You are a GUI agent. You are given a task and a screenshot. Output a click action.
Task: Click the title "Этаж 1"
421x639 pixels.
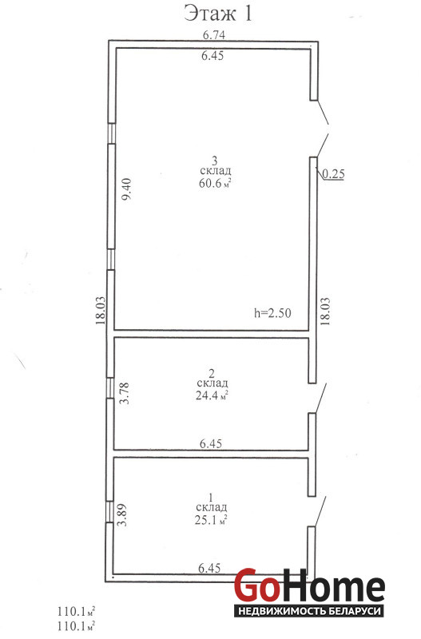click(x=217, y=13)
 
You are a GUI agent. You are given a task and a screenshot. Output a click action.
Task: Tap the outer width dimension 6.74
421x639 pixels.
click(x=214, y=35)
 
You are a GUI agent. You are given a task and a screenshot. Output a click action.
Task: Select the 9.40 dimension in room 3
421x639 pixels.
click(x=126, y=189)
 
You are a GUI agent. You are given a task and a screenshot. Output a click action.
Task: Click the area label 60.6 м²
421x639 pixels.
click(x=215, y=183)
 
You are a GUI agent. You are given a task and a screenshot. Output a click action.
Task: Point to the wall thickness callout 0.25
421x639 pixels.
click(x=333, y=174)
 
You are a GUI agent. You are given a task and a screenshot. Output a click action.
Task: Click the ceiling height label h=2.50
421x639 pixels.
click(x=272, y=313)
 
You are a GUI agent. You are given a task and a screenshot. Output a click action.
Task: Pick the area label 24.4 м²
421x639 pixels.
click(x=212, y=395)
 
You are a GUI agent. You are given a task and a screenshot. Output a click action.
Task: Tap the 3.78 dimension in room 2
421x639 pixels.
click(x=125, y=392)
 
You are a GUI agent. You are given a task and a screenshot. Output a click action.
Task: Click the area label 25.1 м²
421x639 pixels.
click(x=211, y=520)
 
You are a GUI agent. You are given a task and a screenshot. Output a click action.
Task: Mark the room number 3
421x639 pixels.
click(x=214, y=159)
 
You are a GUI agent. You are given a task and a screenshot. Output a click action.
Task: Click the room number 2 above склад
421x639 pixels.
click(x=212, y=373)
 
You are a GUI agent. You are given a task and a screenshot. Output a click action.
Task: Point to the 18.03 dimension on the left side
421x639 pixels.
click(x=101, y=310)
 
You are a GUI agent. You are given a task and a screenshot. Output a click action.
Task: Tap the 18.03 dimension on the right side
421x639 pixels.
click(x=325, y=312)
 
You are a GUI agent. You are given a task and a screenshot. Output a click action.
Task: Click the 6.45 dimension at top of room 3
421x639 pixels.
click(x=212, y=55)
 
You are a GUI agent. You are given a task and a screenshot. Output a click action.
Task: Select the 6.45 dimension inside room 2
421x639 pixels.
click(x=211, y=444)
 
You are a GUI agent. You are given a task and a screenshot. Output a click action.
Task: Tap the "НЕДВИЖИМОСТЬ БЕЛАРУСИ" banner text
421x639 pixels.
click(x=309, y=611)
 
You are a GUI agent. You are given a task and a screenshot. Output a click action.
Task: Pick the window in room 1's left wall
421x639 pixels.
click(x=109, y=511)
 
